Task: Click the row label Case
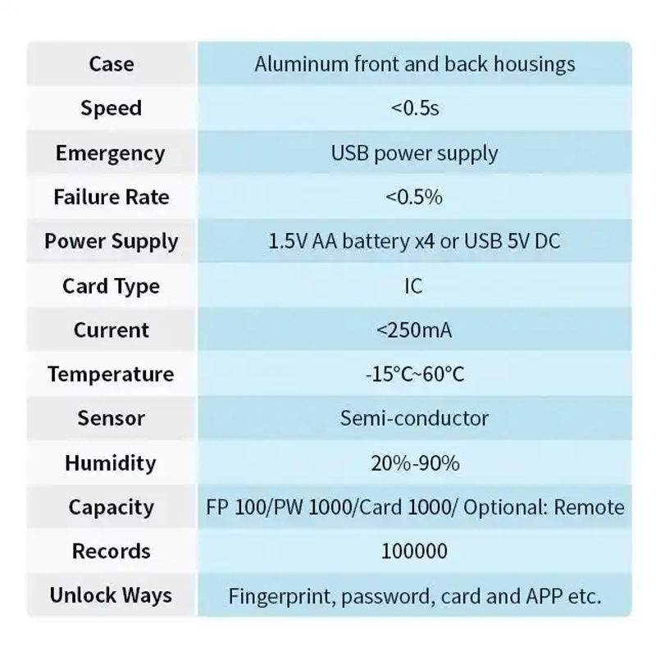112,64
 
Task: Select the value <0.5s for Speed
415,108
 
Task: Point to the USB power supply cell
414,153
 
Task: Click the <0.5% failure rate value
414,198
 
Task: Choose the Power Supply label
112,242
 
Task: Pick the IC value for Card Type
414,286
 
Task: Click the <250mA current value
414,330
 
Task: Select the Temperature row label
111,375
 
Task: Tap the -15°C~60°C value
414,375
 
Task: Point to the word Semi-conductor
414,418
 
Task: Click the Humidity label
111,463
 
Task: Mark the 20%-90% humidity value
414,463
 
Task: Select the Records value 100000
414,551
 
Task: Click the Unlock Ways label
111,595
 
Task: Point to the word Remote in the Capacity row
589,508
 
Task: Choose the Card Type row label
111,286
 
